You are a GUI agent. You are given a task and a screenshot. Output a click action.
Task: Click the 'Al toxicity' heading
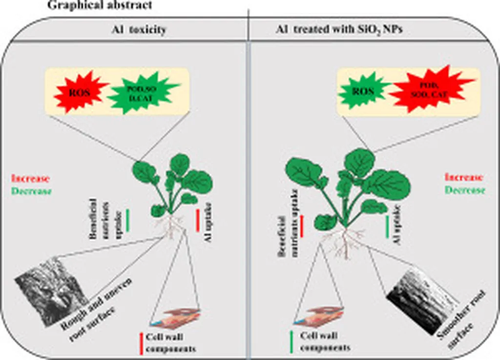pos(139,30)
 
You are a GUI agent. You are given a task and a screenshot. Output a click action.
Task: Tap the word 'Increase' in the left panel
pos(30,179)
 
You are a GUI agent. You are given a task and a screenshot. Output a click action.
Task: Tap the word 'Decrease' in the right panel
pos(465,190)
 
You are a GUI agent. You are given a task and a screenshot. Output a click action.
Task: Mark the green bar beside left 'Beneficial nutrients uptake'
pos(127,220)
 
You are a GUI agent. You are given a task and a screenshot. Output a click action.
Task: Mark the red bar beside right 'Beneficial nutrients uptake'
pos(302,226)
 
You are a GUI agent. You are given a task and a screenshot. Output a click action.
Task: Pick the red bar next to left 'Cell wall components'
pos(141,343)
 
